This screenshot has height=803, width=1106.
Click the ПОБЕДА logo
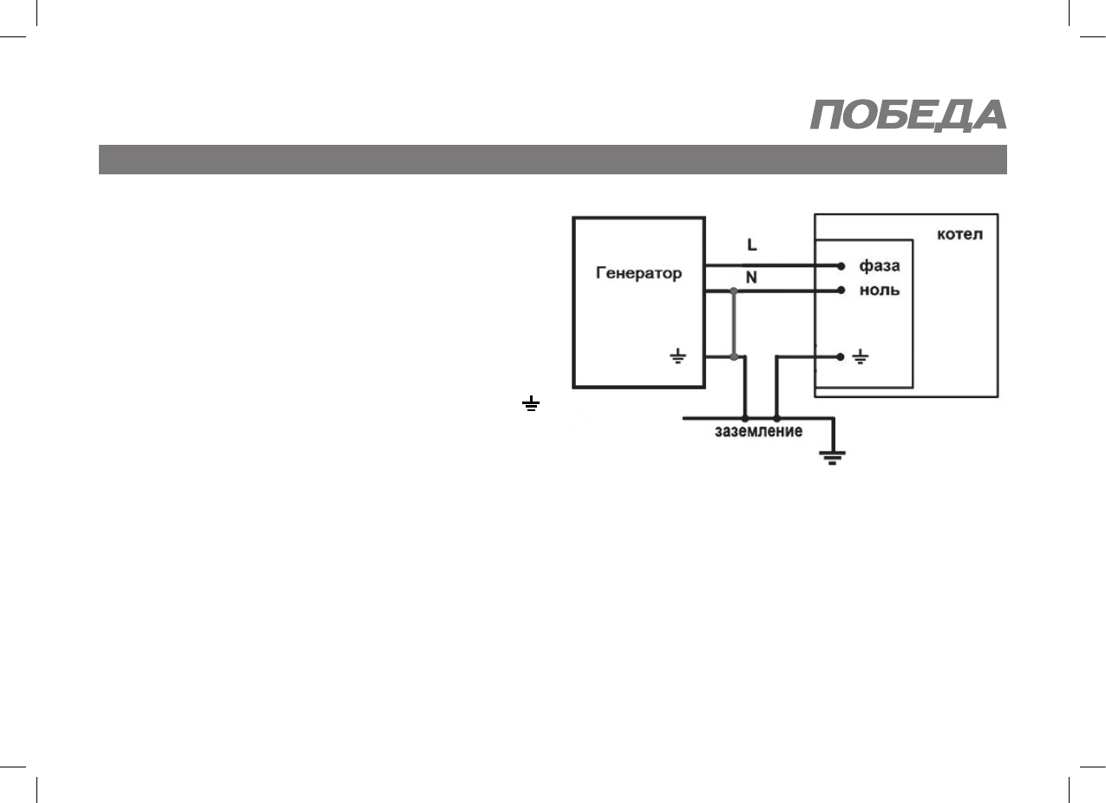pyautogui.click(x=908, y=115)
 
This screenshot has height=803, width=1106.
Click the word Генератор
pyautogui.click(x=638, y=273)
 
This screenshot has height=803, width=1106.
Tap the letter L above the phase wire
pyautogui.click(x=751, y=245)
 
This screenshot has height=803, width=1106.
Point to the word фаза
pyautogui.click(x=879, y=265)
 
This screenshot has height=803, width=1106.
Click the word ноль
pyautogui.click(x=879, y=291)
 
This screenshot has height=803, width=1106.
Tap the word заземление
pyautogui.click(x=757, y=431)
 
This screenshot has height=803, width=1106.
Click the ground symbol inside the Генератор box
pyautogui.click(x=679, y=356)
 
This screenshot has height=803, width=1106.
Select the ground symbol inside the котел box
pyautogui.click(x=861, y=356)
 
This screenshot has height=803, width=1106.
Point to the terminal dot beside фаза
pyautogui.click(x=841, y=265)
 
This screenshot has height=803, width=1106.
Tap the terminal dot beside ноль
pyautogui.click(x=841, y=291)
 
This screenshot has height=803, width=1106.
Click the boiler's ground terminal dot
pyautogui.click(x=841, y=356)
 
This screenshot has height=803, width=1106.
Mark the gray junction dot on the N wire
pyautogui.click(x=734, y=292)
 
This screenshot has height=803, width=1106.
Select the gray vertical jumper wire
pyautogui.click(x=734, y=324)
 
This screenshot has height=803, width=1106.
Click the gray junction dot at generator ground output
pyautogui.click(x=734, y=356)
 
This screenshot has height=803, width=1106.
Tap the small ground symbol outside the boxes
pyautogui.click(x=530, y=403)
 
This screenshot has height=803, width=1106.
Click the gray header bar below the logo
pyautogui.click(x=552, y=160)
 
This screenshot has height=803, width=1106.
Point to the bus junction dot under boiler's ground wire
pyautogui.click(x=776, y=419)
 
